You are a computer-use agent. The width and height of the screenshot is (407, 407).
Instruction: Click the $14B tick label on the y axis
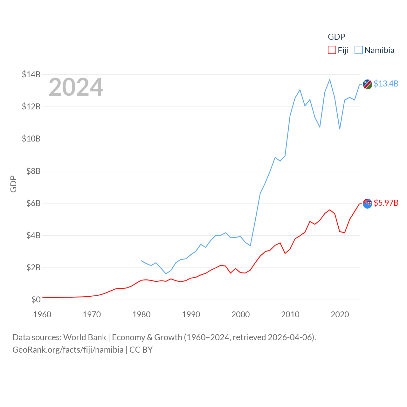click(x=31, y=74)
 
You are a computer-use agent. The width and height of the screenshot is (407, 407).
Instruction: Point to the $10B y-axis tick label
click(x=31, y=139)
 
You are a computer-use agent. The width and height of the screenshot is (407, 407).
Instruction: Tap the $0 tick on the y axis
click(x=36, y=300)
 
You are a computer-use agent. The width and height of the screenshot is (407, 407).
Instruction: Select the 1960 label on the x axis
click(x=42, y=314)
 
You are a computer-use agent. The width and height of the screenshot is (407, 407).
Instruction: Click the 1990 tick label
click(x=191, y=314)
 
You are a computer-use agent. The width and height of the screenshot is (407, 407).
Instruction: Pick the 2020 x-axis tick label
click(x=340, y=314)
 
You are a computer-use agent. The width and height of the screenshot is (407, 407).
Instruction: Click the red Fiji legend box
click(x=332, y=50)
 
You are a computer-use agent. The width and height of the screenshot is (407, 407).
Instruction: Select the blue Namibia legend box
click(x=359, y=50)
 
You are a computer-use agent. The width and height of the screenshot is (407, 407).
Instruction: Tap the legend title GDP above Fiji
click(x=336, y=37)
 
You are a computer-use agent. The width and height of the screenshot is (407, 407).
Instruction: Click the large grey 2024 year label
click(x=76, y=87)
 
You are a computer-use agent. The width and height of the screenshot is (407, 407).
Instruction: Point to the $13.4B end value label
click(x=386, y=84)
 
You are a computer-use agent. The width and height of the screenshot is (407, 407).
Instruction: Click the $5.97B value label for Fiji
click(x=386, y=203)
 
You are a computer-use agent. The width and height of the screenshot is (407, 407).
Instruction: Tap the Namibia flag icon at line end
click(x=368, y=85)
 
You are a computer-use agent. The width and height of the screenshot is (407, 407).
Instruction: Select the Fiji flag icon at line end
click(x=368, y=203)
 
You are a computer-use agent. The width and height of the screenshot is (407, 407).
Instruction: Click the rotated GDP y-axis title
click(x=13, y=184)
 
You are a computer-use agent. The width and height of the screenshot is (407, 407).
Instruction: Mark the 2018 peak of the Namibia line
click(x=330, y=79)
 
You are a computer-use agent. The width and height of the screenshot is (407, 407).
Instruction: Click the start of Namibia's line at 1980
click(x=141, y=261)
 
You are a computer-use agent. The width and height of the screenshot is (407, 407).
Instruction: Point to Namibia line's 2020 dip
click(x=340, y=129)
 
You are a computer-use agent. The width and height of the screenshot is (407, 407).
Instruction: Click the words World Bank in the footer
click(x=85, y=337)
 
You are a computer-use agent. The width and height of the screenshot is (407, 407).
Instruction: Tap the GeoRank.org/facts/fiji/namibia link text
click(x=68, y=350)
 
